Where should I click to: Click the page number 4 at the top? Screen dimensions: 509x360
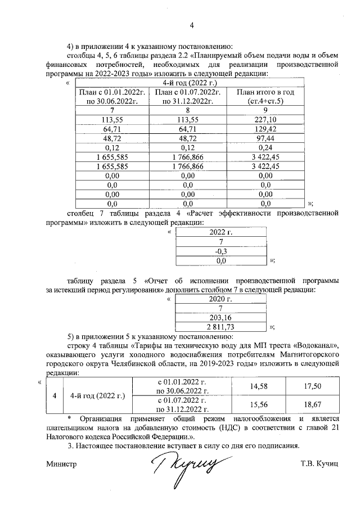click(191, 25)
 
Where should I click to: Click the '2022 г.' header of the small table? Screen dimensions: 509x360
click(220, 232)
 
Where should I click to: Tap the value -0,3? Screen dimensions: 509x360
click(220, 251)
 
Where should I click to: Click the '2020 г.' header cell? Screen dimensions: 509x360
click(220, 299)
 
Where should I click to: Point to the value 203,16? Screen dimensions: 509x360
click(220, 318)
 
